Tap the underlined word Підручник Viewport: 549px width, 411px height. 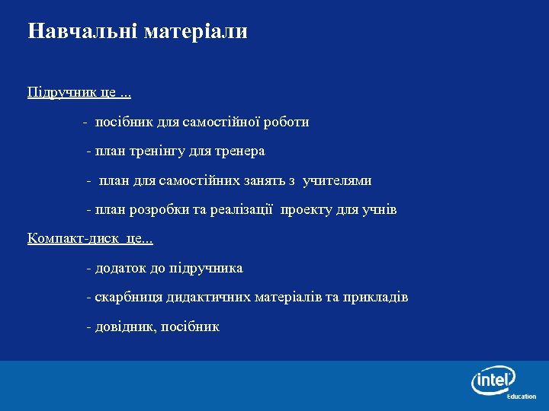(61, 93)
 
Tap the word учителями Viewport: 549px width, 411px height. (337, 181)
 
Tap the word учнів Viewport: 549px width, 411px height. (379, 210)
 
